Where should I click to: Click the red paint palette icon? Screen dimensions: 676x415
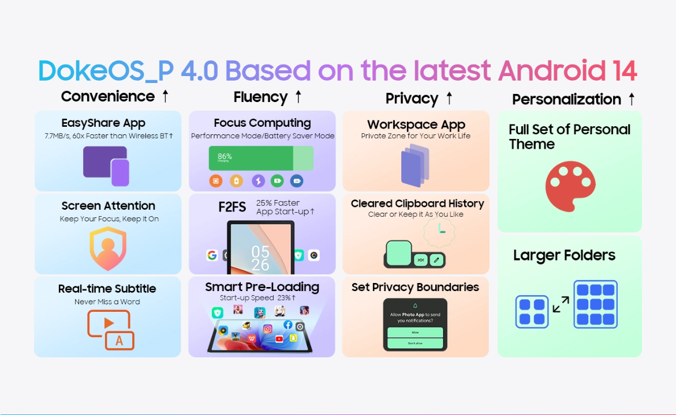click(570, 186)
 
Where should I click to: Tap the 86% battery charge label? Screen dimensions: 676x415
click(225, 156)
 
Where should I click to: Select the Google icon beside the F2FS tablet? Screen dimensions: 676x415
click(212, 255)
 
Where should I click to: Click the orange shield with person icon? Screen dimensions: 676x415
click(108, 248)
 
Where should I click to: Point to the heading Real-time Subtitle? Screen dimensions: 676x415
click(107, 288)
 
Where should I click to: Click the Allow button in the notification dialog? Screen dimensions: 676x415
click(415, 333)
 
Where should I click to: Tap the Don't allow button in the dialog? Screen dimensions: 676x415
click(415, 343)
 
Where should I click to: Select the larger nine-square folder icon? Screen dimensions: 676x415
click(595, 304)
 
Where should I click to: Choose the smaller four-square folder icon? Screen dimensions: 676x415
click(532, 312)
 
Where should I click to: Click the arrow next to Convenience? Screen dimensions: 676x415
click(166, 96)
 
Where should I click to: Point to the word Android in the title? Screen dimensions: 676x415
click(552, 70)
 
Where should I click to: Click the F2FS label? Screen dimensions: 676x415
click(232, 207)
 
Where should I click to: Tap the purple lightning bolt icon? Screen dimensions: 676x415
click(258, 181)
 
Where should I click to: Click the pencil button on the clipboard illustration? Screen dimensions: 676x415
click(436, 260)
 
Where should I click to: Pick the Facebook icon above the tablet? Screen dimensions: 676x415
click(288, 325)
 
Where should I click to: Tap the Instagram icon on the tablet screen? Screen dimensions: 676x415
click(268, 329)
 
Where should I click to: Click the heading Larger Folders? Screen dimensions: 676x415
click(565, 255)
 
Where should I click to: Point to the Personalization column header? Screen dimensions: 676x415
click(566, 100)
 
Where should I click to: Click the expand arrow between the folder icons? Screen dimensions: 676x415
click(561, 304)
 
